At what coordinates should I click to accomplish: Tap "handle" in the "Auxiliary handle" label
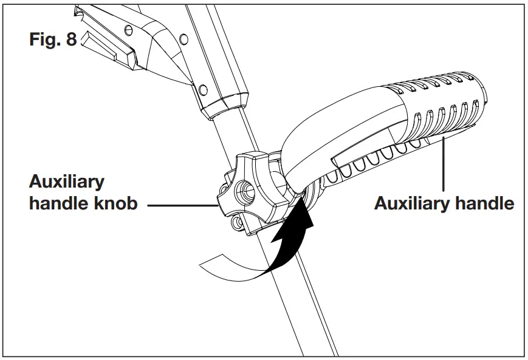point(484,203)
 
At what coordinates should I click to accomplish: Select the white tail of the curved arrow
point(225,265)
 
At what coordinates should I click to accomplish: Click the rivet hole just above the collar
point(203,90)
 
